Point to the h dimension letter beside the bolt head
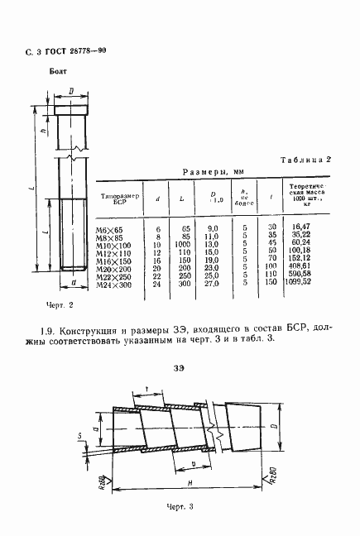point(41,127)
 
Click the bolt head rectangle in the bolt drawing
point(73,109)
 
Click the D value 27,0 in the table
point(212,283)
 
